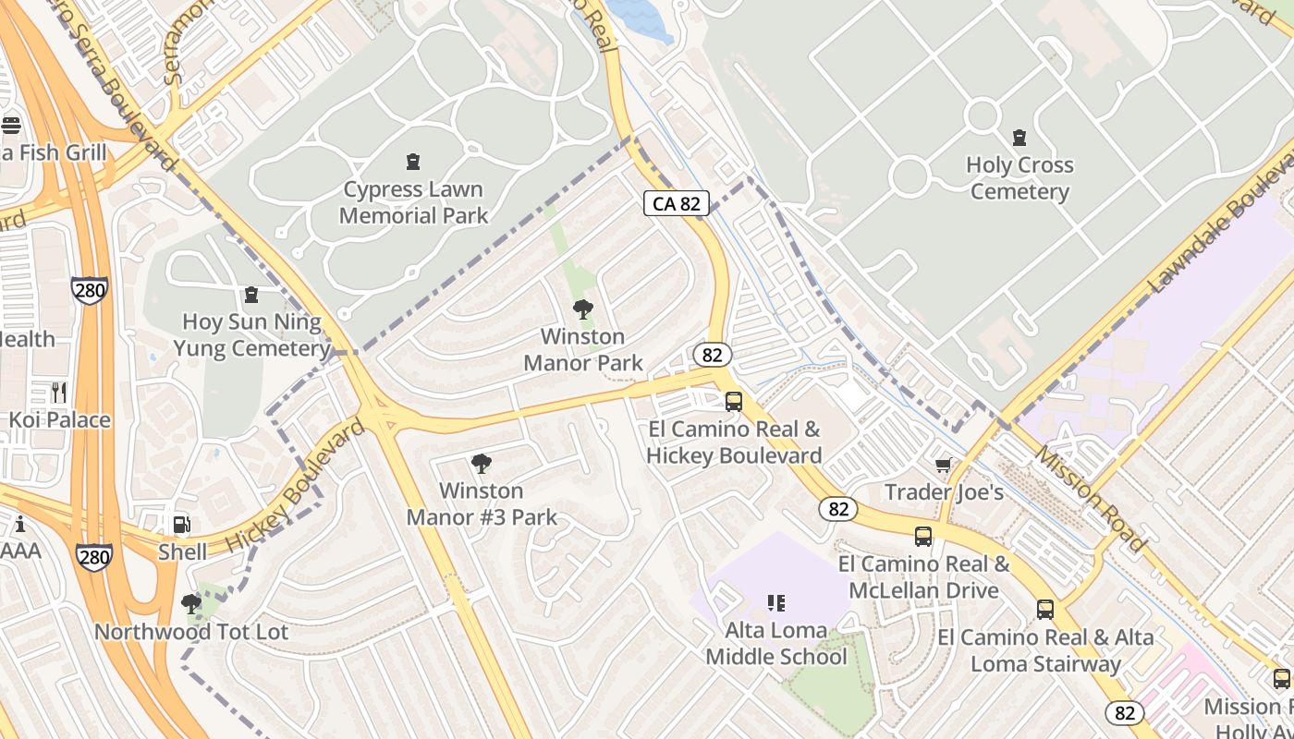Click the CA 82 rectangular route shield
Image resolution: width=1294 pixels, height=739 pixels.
677,203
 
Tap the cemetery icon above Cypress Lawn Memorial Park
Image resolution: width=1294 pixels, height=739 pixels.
413,162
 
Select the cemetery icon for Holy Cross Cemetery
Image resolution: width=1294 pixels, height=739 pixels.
1019,138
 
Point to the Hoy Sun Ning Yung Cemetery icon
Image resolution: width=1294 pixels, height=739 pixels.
250,295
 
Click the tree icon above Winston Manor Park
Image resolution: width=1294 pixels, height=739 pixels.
582,309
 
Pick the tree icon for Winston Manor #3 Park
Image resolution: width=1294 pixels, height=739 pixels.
481,463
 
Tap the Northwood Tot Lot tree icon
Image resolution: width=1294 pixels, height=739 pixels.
191,604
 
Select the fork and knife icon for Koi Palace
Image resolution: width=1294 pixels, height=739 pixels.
59,392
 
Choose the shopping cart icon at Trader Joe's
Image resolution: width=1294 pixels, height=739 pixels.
943,465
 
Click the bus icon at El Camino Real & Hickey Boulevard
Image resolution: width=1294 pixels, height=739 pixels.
733,401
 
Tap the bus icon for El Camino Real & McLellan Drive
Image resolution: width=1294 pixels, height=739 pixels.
922,536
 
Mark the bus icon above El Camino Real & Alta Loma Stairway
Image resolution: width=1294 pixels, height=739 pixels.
1045,609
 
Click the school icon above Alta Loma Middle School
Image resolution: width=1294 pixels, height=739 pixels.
775,603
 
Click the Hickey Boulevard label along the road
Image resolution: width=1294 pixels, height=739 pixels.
296,486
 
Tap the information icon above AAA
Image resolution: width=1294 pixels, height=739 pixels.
19,524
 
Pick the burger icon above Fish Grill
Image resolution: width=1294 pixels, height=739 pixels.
11,125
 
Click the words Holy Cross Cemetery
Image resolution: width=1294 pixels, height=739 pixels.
1019,178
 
